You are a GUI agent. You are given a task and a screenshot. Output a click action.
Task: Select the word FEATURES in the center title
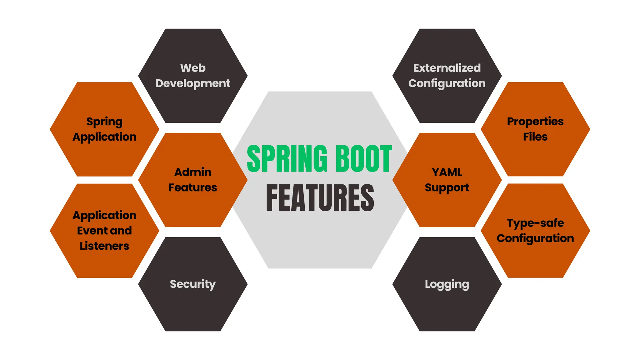[x=320, y=198]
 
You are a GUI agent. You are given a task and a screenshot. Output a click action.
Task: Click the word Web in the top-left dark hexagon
[x=193, y=68]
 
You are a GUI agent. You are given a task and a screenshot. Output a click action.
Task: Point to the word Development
[x=193, y=83]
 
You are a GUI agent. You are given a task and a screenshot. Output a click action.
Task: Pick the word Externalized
[x=447, y=68]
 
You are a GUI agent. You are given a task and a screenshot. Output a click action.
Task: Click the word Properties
[x=535, y=122]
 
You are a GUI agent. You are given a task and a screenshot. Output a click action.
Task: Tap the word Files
[x=535, y=137]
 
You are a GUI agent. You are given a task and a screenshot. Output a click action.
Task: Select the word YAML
[x=447, y=172]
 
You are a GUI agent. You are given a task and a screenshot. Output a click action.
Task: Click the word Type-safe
[x=535, y=223]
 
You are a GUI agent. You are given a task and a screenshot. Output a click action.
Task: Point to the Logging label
[x=447, y=284]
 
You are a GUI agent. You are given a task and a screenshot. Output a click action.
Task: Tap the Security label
[x=193, y=284]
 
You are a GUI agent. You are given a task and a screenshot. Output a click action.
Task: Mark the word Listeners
[x=104, y=246]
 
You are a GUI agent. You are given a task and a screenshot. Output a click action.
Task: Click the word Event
[x=92, y=231]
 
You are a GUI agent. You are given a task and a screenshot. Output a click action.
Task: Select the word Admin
[x=193, y=172]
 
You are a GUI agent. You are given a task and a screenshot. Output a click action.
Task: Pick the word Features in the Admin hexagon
[x=193, y=187]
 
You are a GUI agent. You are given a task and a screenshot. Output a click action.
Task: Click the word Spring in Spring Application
[x=104, y=122]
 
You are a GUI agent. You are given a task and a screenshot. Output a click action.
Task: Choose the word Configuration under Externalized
[x=447, y=83]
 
